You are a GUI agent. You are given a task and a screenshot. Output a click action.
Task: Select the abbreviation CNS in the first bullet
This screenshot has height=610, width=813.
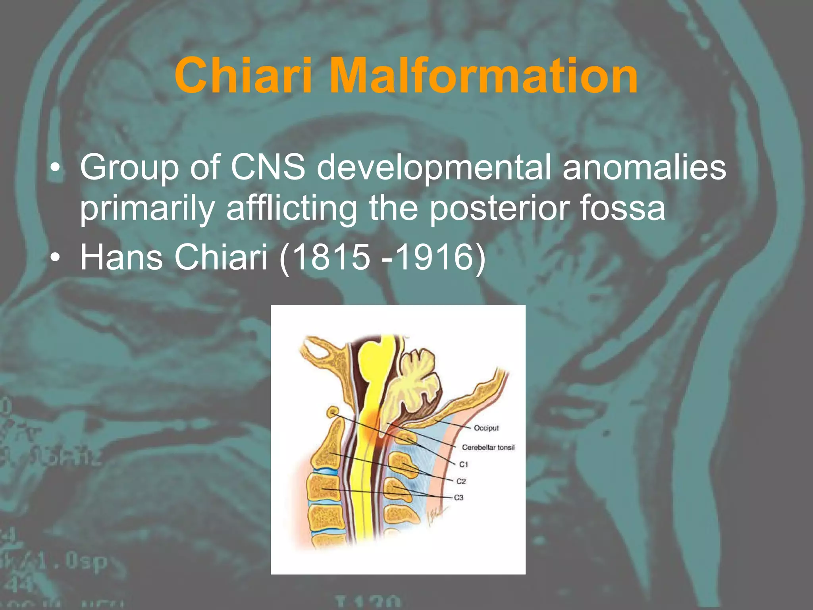click(x=268, y=167)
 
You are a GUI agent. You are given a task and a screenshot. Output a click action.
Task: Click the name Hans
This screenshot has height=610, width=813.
click(x=121, y=257)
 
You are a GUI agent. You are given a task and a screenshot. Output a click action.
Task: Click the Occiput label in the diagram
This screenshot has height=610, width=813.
click(x=486, y=428)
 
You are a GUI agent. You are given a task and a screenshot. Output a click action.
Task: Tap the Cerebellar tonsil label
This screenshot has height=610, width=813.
click(x=488, y=448)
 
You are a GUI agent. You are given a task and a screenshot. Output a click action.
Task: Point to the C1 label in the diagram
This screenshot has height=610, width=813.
click(x=463, y=464)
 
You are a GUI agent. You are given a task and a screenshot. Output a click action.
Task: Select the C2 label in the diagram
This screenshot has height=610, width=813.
click(x=460, y=481)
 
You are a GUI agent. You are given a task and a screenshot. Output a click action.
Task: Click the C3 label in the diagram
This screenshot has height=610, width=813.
click(x=459, y=498)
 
